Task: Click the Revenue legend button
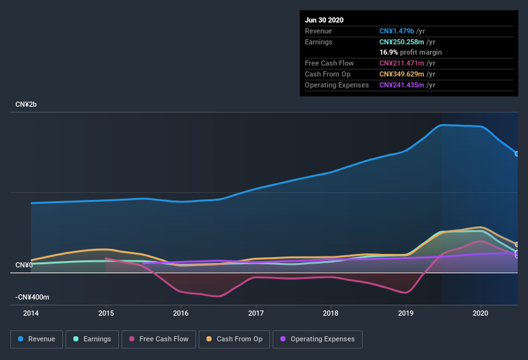coord(37,339)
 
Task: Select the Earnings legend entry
coord(92,339)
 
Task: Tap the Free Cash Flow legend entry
coord(159,339)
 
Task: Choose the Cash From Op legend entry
coord(235,339)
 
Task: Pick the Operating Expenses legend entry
coord(317,339)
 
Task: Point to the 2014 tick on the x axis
coord(31,313)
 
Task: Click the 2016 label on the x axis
coord(181,313)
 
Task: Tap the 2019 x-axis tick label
coord(406,313)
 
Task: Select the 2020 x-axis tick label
coord(480,313)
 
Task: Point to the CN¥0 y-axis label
coord(24,265)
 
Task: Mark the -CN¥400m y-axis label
coord(32,298)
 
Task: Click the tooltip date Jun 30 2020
coord(324,20)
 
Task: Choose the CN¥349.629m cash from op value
coord(401,74)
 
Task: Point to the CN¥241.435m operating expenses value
coord(401,85)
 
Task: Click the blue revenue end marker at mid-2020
coord(517,154)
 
